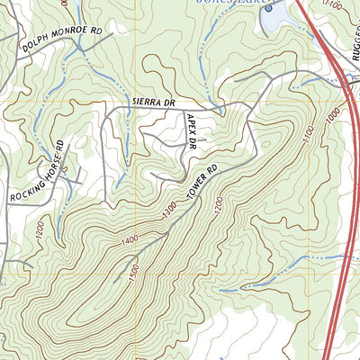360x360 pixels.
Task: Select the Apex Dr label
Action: point(191,130)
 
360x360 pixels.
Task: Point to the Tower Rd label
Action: point(203,184)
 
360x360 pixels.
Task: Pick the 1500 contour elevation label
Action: point(134,267)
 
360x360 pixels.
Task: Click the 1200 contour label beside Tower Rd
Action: point(215,206)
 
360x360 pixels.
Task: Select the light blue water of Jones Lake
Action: point(279,11)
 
